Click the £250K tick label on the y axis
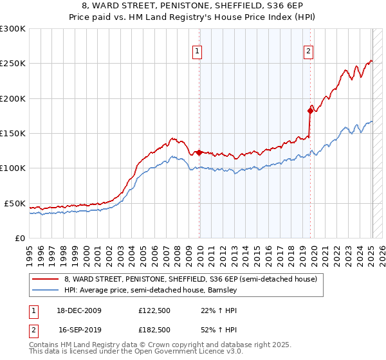(x=13, y=64)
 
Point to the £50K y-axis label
(x=15, y=203)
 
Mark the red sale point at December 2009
(x=199, y=152)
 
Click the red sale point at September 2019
(x=310, y=111)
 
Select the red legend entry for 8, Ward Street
(x=190, y=280)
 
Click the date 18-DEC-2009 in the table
(x=80, y=310)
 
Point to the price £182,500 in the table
(x=154, y=328)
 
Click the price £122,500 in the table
(x=154, y=310)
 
